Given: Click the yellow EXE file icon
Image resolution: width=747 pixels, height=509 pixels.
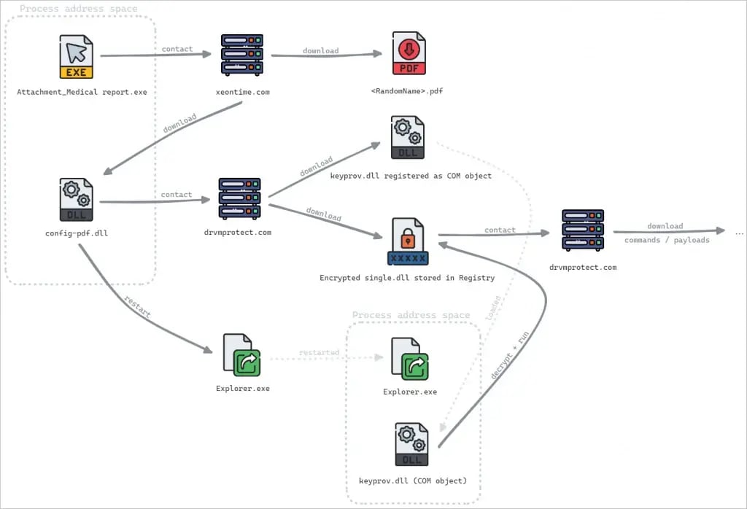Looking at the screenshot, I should pyautogui.click(x=77, y=56).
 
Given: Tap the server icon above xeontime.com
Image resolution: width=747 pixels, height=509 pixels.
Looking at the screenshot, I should pyautogui.click(x=242, y=55).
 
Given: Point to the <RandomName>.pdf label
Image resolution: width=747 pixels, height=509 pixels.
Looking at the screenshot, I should pyautogui.click(x=407, y=91).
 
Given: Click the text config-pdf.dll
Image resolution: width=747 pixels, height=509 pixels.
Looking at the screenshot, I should pyautogui.click(x=77, y=233).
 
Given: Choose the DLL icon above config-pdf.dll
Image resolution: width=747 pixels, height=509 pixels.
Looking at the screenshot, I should pyautogui.click(x=77, y=199).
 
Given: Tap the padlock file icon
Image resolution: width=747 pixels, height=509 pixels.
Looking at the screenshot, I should pyautogui.click(x=408, y=241).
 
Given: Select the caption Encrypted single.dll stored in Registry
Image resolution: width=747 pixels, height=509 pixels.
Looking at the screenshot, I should pyautogui.click(x=408, y=278).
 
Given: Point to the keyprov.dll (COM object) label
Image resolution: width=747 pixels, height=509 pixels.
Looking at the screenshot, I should pyautogui.click(x=413, y=481).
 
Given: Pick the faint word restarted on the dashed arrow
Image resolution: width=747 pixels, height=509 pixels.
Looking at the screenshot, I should pyautogui.click(x=319, y=352).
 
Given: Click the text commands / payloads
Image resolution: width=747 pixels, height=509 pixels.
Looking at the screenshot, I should pyautogui.click(x=667, y=240).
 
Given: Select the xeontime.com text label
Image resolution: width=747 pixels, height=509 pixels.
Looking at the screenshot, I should pyautogui.click(x=242, y=93).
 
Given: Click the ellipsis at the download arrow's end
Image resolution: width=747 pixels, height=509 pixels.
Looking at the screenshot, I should pyautogui.click(x=739, y=232).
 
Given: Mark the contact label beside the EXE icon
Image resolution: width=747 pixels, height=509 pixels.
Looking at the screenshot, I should pyautogui.click(x=177, y=49).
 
